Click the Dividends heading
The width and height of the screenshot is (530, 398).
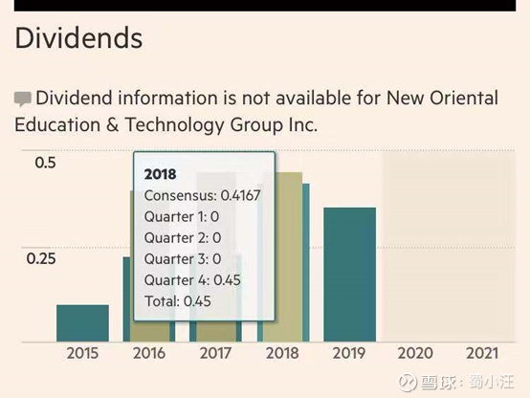[x=78, y=38]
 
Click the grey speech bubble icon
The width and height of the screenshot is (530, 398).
[x=23, y=99]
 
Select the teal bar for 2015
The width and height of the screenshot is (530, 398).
[x=82, y=323]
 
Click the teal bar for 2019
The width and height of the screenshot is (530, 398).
[x=349, y=275]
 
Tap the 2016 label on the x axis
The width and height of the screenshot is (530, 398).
[x=149, y=353]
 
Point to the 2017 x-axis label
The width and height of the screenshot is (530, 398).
[x=215, y=353]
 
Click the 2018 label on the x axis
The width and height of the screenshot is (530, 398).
[x=282, y=353]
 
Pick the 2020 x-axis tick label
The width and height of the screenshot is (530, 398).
[x=415, y=353]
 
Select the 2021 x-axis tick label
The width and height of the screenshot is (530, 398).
[x=482, y=353]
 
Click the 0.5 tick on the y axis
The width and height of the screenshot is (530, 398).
[x=45, y=163]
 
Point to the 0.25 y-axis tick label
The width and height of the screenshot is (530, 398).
[x=41, y=258]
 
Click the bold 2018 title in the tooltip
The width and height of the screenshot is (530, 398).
[x=160, y=174]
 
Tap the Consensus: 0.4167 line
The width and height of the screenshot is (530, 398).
[x=202, y=195]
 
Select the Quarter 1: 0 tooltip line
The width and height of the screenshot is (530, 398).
[x=182, y=217]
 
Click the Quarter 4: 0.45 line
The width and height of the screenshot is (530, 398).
[x=192, y=280]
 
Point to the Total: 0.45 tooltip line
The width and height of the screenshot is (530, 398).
[x=178, y=301]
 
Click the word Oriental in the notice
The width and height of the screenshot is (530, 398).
[x=464, y=98]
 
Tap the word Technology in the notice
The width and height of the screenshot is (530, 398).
[x=174, y=124]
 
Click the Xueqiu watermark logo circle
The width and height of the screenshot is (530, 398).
[x=408, y=382]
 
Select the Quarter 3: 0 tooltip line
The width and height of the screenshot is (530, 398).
[x=183, y=259]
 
